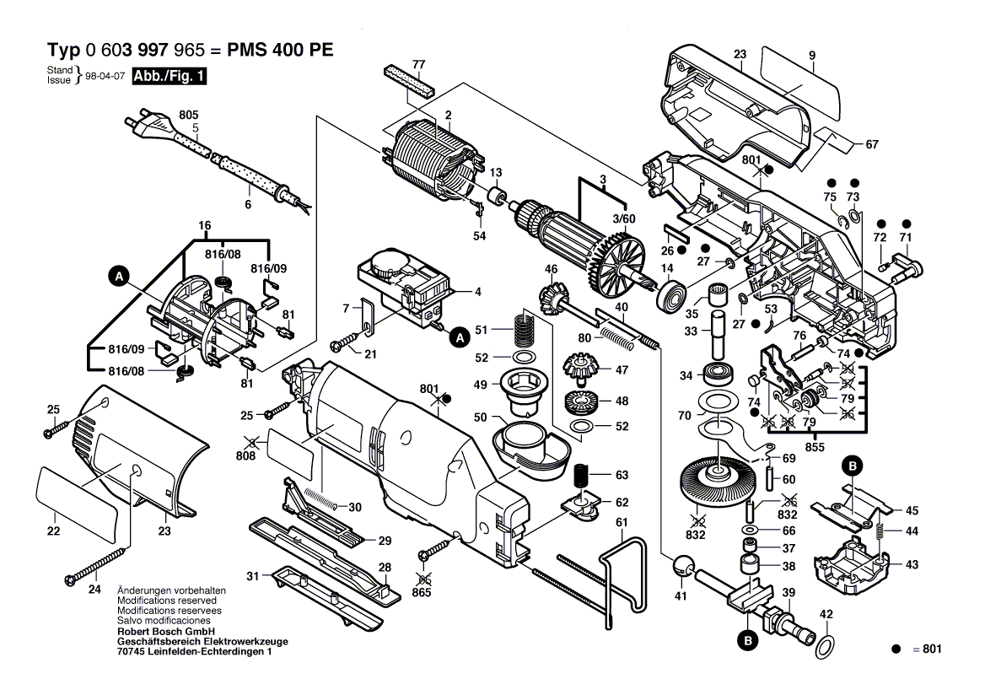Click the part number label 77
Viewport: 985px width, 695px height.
419,64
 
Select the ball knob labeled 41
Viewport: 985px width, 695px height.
682,568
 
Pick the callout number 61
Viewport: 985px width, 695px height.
622,523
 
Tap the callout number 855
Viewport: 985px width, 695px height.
815,448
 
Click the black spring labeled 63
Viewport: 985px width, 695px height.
580,477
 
